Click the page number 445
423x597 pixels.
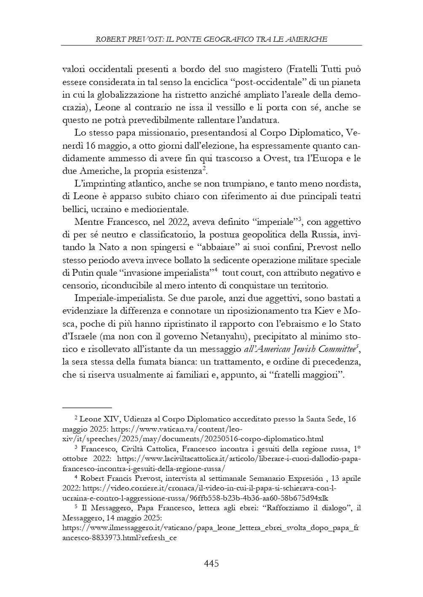[x=211, y=563]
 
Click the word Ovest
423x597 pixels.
[x=253, y=159]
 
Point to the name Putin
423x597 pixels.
[x=86, y=273]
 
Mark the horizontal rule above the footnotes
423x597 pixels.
[x=87, y=408]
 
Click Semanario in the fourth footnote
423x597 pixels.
[x=266, y=479]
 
